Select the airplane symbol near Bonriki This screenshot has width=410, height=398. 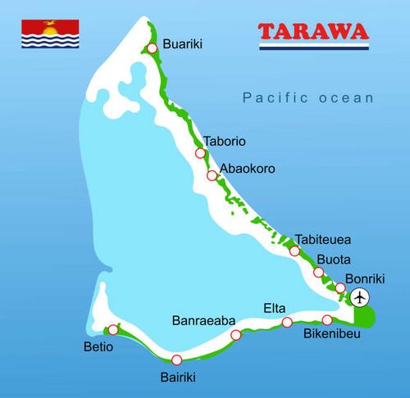(360, 296)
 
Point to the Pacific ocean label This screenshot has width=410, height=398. (307, 97)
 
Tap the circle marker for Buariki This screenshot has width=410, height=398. (152, 47)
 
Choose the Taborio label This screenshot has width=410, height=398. (224, 140)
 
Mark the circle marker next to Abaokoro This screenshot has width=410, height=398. (212, 175)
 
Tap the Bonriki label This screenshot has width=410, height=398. (364, 278)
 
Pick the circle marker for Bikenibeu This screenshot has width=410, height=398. (327, 319)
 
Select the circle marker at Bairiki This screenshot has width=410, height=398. (176, 360)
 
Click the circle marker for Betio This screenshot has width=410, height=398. (113, 330)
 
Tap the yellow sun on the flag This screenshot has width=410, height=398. (50, 32)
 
